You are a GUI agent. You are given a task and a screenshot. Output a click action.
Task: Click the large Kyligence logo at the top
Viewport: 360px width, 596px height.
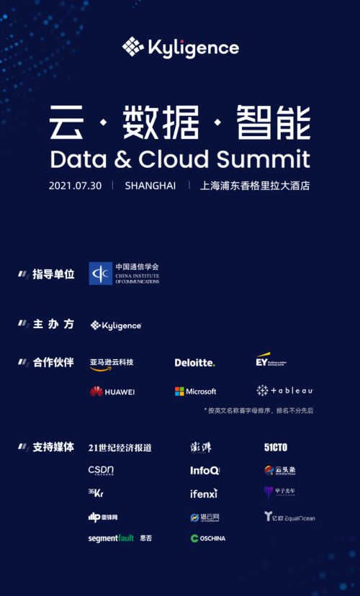(180, 48)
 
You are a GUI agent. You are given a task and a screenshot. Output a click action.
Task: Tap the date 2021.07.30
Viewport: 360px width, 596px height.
(76, 185)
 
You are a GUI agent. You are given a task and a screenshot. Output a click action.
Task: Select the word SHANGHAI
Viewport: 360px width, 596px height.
(150, 185)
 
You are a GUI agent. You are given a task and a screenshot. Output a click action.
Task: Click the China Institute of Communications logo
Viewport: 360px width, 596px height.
(124, 274)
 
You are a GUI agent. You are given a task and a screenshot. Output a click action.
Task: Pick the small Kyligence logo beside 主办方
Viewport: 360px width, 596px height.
(116, 325)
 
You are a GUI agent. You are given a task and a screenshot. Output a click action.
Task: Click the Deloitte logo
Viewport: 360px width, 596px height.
(194, 363)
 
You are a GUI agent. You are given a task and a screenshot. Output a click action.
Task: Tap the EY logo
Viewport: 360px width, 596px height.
(271, 359)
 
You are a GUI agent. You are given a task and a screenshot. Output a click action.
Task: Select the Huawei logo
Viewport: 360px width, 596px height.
(112, 392)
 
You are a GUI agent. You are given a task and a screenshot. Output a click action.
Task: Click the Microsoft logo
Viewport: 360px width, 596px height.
(195, 392)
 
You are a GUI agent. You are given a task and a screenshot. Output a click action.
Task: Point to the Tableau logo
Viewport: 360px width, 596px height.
(284, 391)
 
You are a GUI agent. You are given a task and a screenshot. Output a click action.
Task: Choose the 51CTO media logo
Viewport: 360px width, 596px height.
(276, 447)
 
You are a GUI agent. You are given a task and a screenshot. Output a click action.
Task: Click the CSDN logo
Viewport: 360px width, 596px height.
(101, 471)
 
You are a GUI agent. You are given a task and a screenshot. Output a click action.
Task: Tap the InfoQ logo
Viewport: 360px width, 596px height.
(204, 470)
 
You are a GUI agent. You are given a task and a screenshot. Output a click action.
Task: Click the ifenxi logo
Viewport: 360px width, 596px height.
(204, 494)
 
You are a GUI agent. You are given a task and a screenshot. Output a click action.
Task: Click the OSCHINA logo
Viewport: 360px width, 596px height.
(208, 538)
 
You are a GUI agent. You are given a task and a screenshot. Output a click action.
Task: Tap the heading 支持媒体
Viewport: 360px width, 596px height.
(53, 447)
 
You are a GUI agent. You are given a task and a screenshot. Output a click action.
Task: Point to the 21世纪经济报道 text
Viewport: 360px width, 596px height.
(120, 448)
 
